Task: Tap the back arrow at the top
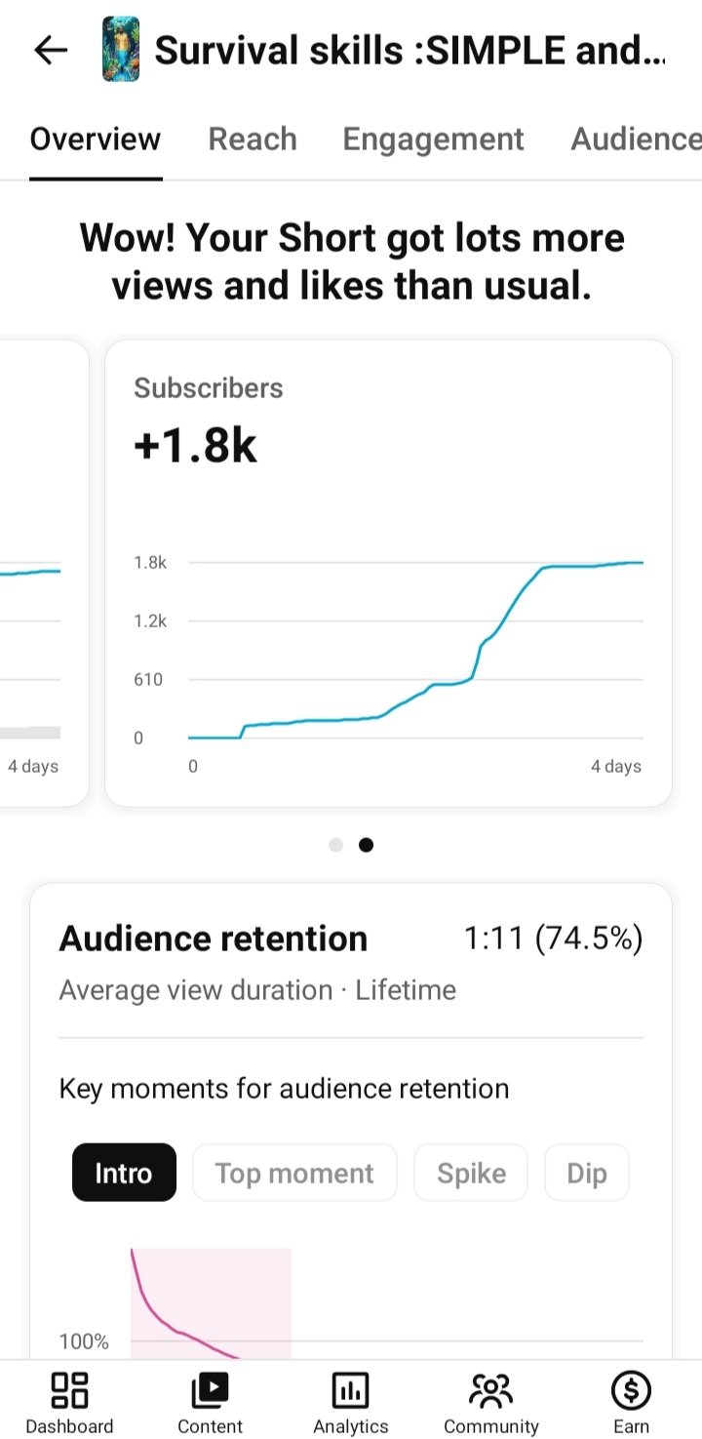coord(51,50)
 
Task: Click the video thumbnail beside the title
coord(121,50)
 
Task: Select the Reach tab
coord(253,139)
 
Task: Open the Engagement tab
coord(433,140)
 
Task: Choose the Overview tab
coord(96,139)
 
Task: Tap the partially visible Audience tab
coord(636,139)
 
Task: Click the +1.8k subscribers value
coord(195,445)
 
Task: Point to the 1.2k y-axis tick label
coord(149,620)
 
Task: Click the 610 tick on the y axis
coord(148,679)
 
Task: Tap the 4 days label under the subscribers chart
coord(616,766)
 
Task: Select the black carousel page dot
coord(366,845)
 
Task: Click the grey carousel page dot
coord(336,845)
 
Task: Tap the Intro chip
coord(124,1173)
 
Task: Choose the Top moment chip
coord(294,1173)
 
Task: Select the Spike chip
coord(471,1173)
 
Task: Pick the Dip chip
coord(586,1173)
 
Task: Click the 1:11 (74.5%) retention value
coord(553,939)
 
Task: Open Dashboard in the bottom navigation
coord(69,1404)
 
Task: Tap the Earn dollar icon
coord(631,1390)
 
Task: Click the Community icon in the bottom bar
coord(490,1390)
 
